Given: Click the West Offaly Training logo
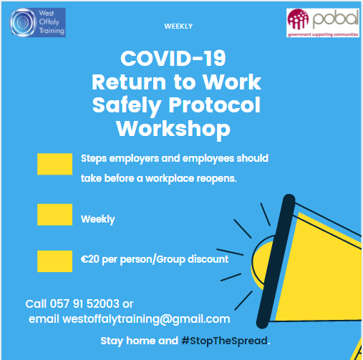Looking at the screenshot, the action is (x=38, y=22).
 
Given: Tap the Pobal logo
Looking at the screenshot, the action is (x=323, y=23).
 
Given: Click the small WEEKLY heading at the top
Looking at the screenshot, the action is (x=178, y=26).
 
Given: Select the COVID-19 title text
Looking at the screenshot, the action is (x=173, y=59).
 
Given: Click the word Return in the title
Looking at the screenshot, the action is (x=129, y=82).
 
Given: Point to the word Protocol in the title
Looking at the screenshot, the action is (x=215, y=105).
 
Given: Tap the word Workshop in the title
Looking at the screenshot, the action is (x=173, y=129).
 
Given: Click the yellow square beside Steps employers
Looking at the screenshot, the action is (x=55, y=164).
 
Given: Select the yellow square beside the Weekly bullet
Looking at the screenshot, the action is (x=55, y=215).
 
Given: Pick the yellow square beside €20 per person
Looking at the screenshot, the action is (x=55, y=261).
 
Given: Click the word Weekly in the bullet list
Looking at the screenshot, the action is (x=98, y=220).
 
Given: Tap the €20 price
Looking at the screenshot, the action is (x=90, y=259).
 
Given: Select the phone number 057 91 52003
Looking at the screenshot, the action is (x=84, y=304).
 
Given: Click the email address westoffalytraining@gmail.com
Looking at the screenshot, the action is (x=146, y=319).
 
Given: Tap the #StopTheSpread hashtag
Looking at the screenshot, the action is (x=224, y=341).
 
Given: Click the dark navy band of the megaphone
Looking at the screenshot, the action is (x=276, y=261).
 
